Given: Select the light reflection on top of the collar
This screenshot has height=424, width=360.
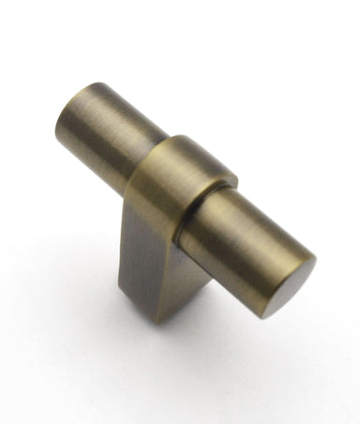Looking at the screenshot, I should [x=202, y=155].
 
